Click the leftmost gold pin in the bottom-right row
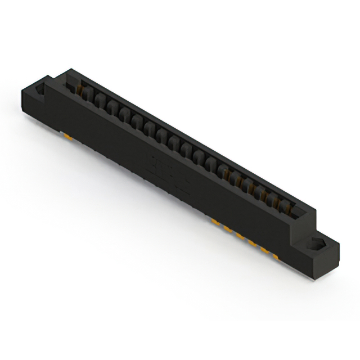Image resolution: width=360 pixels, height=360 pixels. tap(215, 222)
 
